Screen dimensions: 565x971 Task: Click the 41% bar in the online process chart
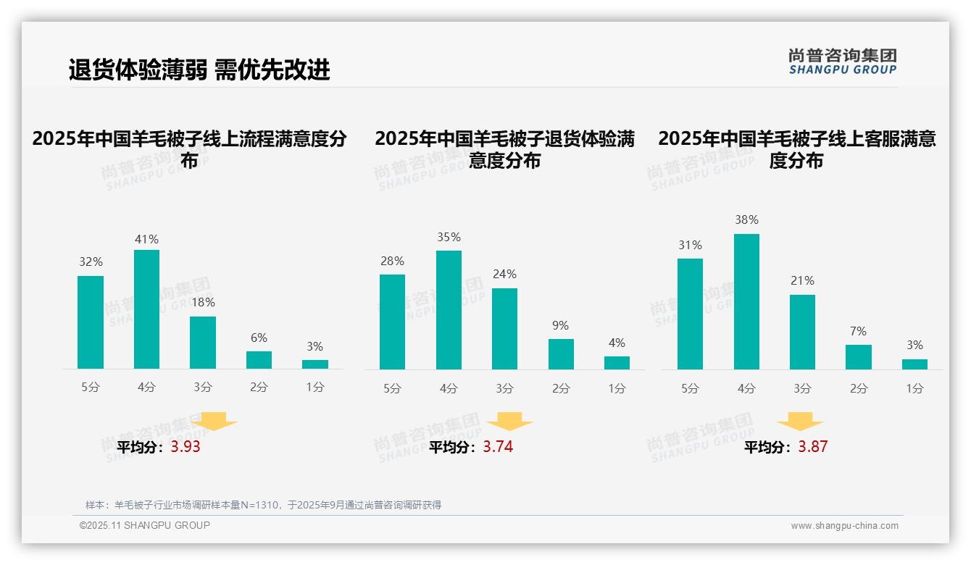coord(146,309)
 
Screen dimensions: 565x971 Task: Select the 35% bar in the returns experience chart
coord(449,310)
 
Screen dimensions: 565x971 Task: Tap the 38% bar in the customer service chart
coord(746,301)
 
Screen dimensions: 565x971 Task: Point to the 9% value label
coord(560,326)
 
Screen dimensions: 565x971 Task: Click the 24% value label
coord(504,275)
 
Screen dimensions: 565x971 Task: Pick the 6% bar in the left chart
coord(259,360)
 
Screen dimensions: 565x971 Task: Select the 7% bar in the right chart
coord(858,357)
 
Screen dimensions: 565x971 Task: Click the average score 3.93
coord(186,447)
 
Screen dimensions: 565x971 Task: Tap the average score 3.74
coord(498,447)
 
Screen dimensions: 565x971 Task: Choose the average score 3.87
coord(812,447)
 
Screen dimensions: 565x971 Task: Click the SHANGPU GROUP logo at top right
coord(842,62)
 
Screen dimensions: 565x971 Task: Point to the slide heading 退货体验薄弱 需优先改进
coord(199,70)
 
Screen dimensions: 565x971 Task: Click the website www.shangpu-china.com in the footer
coord(844,526)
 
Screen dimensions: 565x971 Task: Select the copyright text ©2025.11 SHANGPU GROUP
coord(145,525)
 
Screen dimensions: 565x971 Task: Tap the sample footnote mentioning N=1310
coord(263,505)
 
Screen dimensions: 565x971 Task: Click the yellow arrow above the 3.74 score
coord(509,422)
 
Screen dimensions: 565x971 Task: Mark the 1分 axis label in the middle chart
coord(617,388)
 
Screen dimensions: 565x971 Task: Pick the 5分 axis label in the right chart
coord(690,388)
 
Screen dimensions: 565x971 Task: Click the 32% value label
coord(91,262)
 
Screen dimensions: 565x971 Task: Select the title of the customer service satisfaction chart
coord(796,149)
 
